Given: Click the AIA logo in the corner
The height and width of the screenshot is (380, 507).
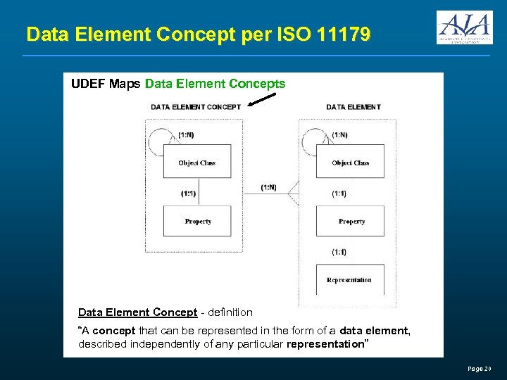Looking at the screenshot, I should [464, 27].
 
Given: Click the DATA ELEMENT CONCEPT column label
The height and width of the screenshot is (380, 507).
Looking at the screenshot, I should [196, 107].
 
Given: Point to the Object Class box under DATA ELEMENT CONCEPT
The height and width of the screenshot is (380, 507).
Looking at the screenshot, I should [197, 163].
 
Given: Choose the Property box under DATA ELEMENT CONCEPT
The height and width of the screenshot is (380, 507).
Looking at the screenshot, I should [197, 221].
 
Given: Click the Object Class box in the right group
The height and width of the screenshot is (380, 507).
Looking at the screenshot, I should [350, 163].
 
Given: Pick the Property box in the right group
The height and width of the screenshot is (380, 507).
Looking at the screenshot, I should [351, 221].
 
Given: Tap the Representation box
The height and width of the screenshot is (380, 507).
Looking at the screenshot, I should [349, 280].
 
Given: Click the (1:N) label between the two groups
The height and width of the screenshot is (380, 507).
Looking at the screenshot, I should [269, 187].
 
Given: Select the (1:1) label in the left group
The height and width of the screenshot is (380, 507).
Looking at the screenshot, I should [189, 193].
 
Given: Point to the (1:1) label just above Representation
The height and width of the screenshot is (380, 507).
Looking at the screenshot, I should [339, 252].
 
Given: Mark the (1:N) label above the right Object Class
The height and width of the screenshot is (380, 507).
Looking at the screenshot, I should [339, 134].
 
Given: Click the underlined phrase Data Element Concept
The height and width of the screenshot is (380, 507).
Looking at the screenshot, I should [137, 312].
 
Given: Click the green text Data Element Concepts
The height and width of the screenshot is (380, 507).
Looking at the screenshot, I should [215, 84].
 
